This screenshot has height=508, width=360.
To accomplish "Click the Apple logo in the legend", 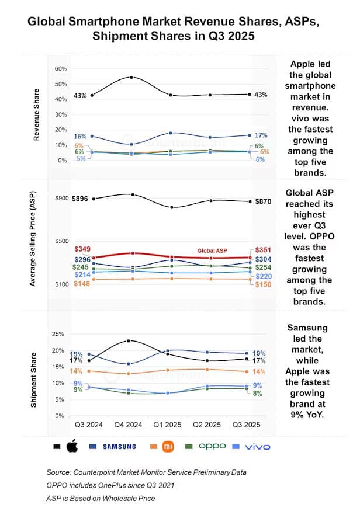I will [x=72, y=446].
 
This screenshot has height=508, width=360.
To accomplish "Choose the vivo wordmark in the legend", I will [x=258, y=446].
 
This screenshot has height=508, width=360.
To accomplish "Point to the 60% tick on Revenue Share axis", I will [x=61, y=69].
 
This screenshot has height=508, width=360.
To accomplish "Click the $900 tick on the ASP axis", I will [x=61, y=199].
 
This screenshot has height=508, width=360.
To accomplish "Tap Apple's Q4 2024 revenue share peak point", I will [x=131, y=77].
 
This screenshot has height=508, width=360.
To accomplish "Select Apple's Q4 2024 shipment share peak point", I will [x=129, y=340].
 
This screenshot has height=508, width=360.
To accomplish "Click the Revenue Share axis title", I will [x=37, y=114].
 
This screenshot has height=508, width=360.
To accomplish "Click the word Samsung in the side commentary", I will [x=308, y=328].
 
